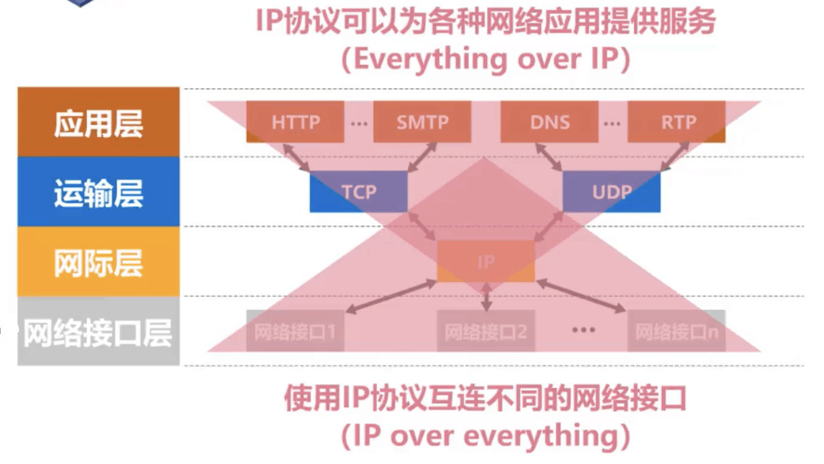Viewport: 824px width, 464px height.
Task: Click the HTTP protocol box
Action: [295, 122]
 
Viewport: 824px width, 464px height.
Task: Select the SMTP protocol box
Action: [422, 122]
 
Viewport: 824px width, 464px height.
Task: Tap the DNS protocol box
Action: [550, 122]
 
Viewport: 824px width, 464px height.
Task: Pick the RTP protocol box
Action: [677, 122]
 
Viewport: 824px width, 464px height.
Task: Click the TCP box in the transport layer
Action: [359, 191]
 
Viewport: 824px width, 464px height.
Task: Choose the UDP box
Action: [612, 191]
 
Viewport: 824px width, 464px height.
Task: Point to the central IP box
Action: [486, 261]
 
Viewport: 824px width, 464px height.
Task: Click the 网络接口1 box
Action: [295, 331]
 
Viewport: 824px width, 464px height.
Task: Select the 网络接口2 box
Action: [486, 331]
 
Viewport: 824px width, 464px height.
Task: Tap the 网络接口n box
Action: [677, 331]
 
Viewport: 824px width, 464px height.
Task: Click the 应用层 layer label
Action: [98, 122]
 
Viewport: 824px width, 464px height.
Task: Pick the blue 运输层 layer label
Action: [98, 192]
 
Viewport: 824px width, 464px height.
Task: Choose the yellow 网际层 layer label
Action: [98, 262]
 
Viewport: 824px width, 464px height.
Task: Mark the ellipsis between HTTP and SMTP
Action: [359, 123]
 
